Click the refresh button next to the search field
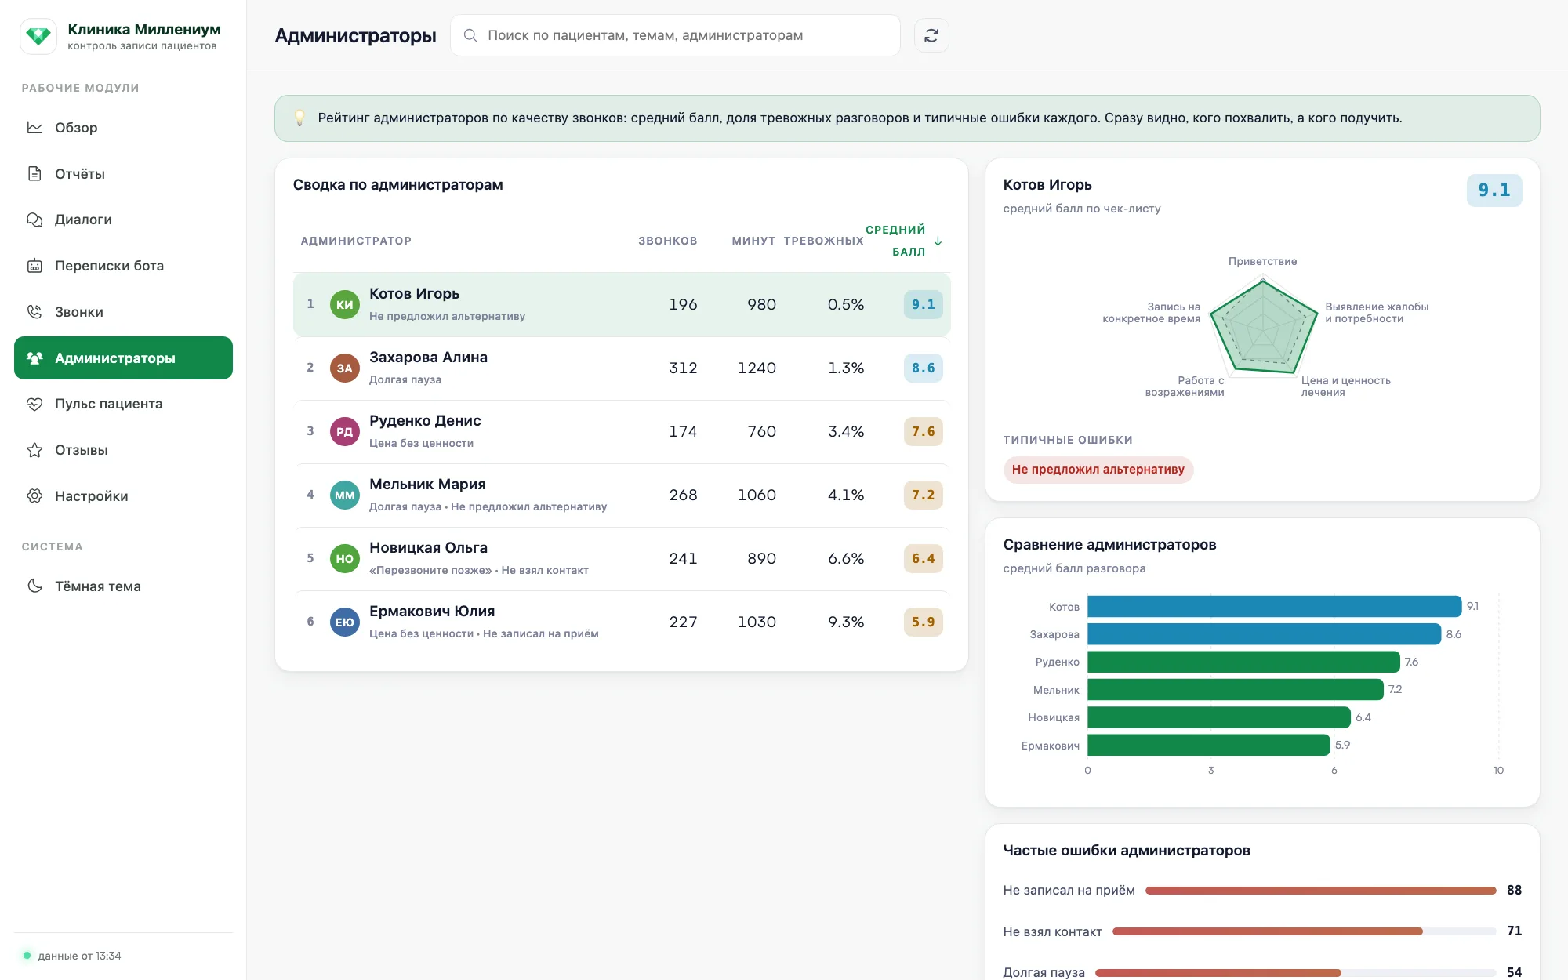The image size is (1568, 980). tap(931, 35)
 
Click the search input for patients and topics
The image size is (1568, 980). tap(675, 35)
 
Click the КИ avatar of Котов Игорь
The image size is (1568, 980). tap(345, 304)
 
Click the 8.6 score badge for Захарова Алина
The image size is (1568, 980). tap(923, 368)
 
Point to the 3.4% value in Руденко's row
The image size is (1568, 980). tap(846, 431)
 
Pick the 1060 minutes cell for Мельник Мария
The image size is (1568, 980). tap(757, 495)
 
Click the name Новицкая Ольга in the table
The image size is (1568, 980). tap(428, 547)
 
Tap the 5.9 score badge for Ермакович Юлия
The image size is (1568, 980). tap(923, 622)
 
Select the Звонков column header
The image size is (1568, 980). tap(667, 241)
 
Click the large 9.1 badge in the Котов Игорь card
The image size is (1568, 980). tap(1494, 190)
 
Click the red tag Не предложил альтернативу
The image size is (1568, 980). tap(1098, 470)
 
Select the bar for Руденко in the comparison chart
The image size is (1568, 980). tap(1243, 662)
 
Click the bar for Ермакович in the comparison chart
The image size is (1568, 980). tap(1209, 745)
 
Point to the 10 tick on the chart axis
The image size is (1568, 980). tap(1498, 771)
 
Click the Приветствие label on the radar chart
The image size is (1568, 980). tap(1262, 261)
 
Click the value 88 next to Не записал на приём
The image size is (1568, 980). tap(1514, 890)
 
